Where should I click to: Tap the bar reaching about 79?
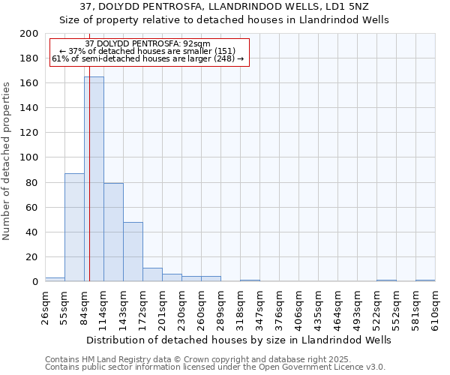(113, 232)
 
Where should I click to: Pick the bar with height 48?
(133, 252)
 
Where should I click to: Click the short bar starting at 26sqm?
(55, 279)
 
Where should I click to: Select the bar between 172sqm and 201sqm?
(152, 274)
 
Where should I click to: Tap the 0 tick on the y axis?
(34, 282)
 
